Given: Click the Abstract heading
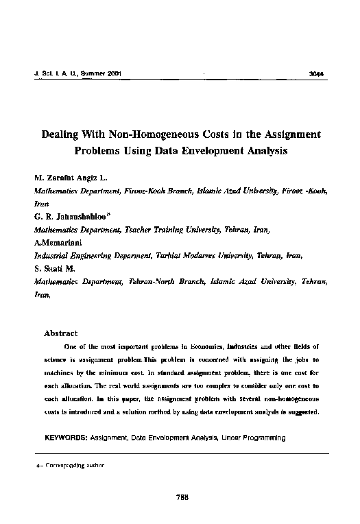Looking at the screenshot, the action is [61, 333].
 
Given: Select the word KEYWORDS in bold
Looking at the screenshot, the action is [65, 436].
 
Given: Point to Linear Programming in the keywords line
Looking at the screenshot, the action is [252, 436].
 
